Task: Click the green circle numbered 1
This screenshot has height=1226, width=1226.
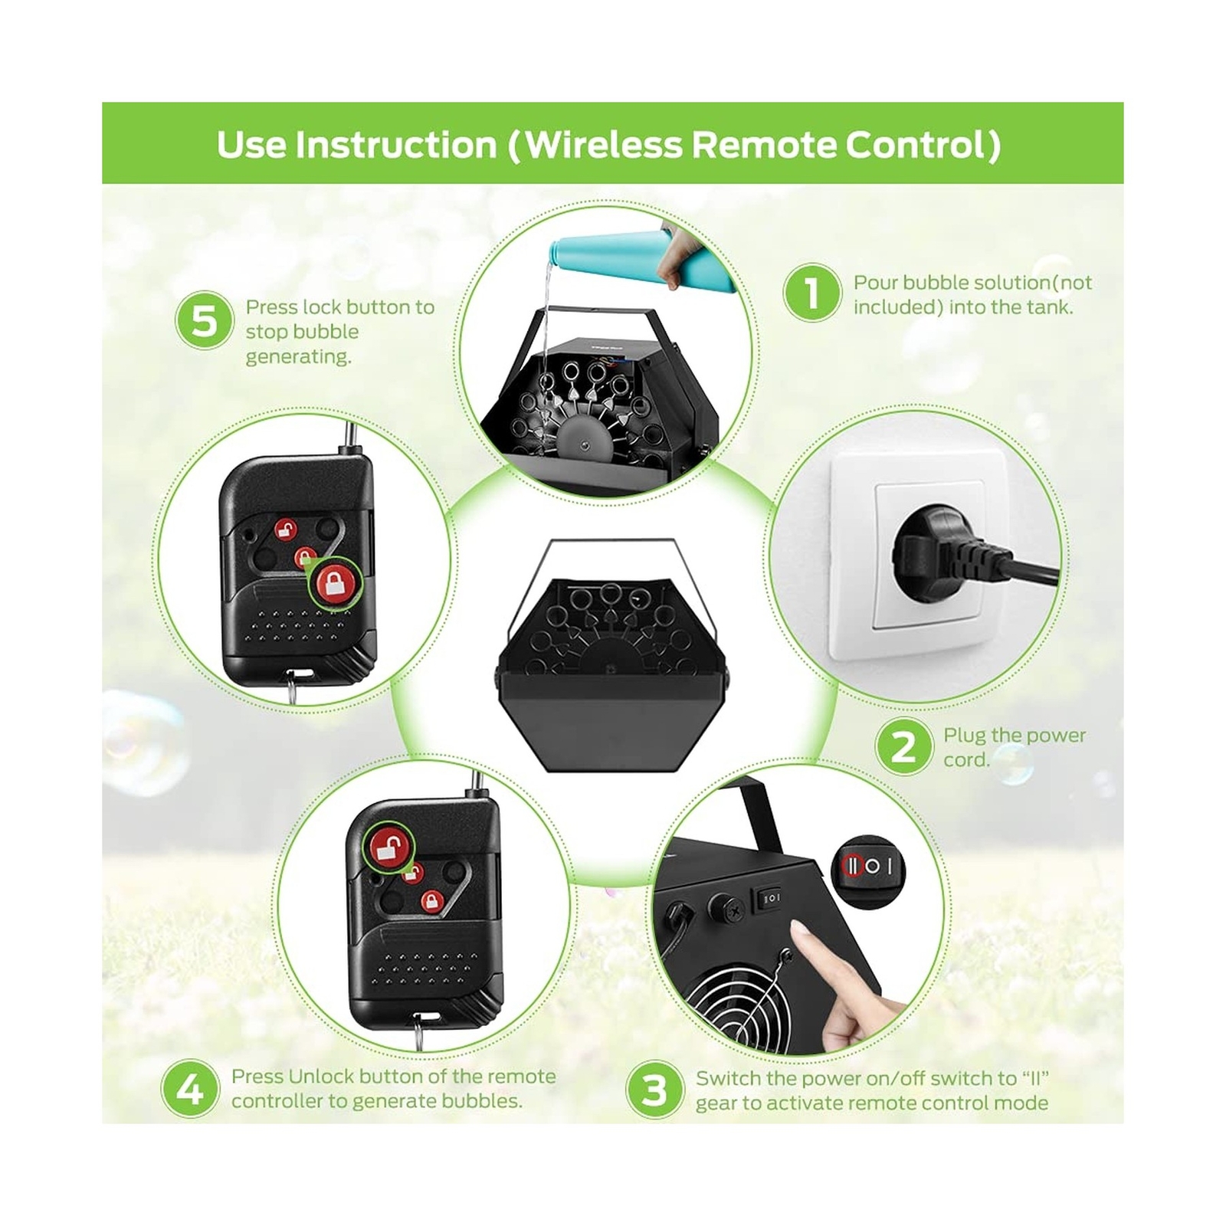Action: point(811,293)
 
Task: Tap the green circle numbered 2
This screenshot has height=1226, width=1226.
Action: point(904,746)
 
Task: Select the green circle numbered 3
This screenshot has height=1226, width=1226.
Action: point(654,1089)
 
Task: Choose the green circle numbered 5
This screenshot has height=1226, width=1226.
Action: point(204,320)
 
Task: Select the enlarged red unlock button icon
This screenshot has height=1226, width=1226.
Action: point(388,847)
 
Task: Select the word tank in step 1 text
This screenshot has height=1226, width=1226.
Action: point(1049,306)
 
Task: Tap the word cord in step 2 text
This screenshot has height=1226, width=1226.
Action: point(965,759)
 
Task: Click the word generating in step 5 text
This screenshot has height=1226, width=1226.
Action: point(298,356)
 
